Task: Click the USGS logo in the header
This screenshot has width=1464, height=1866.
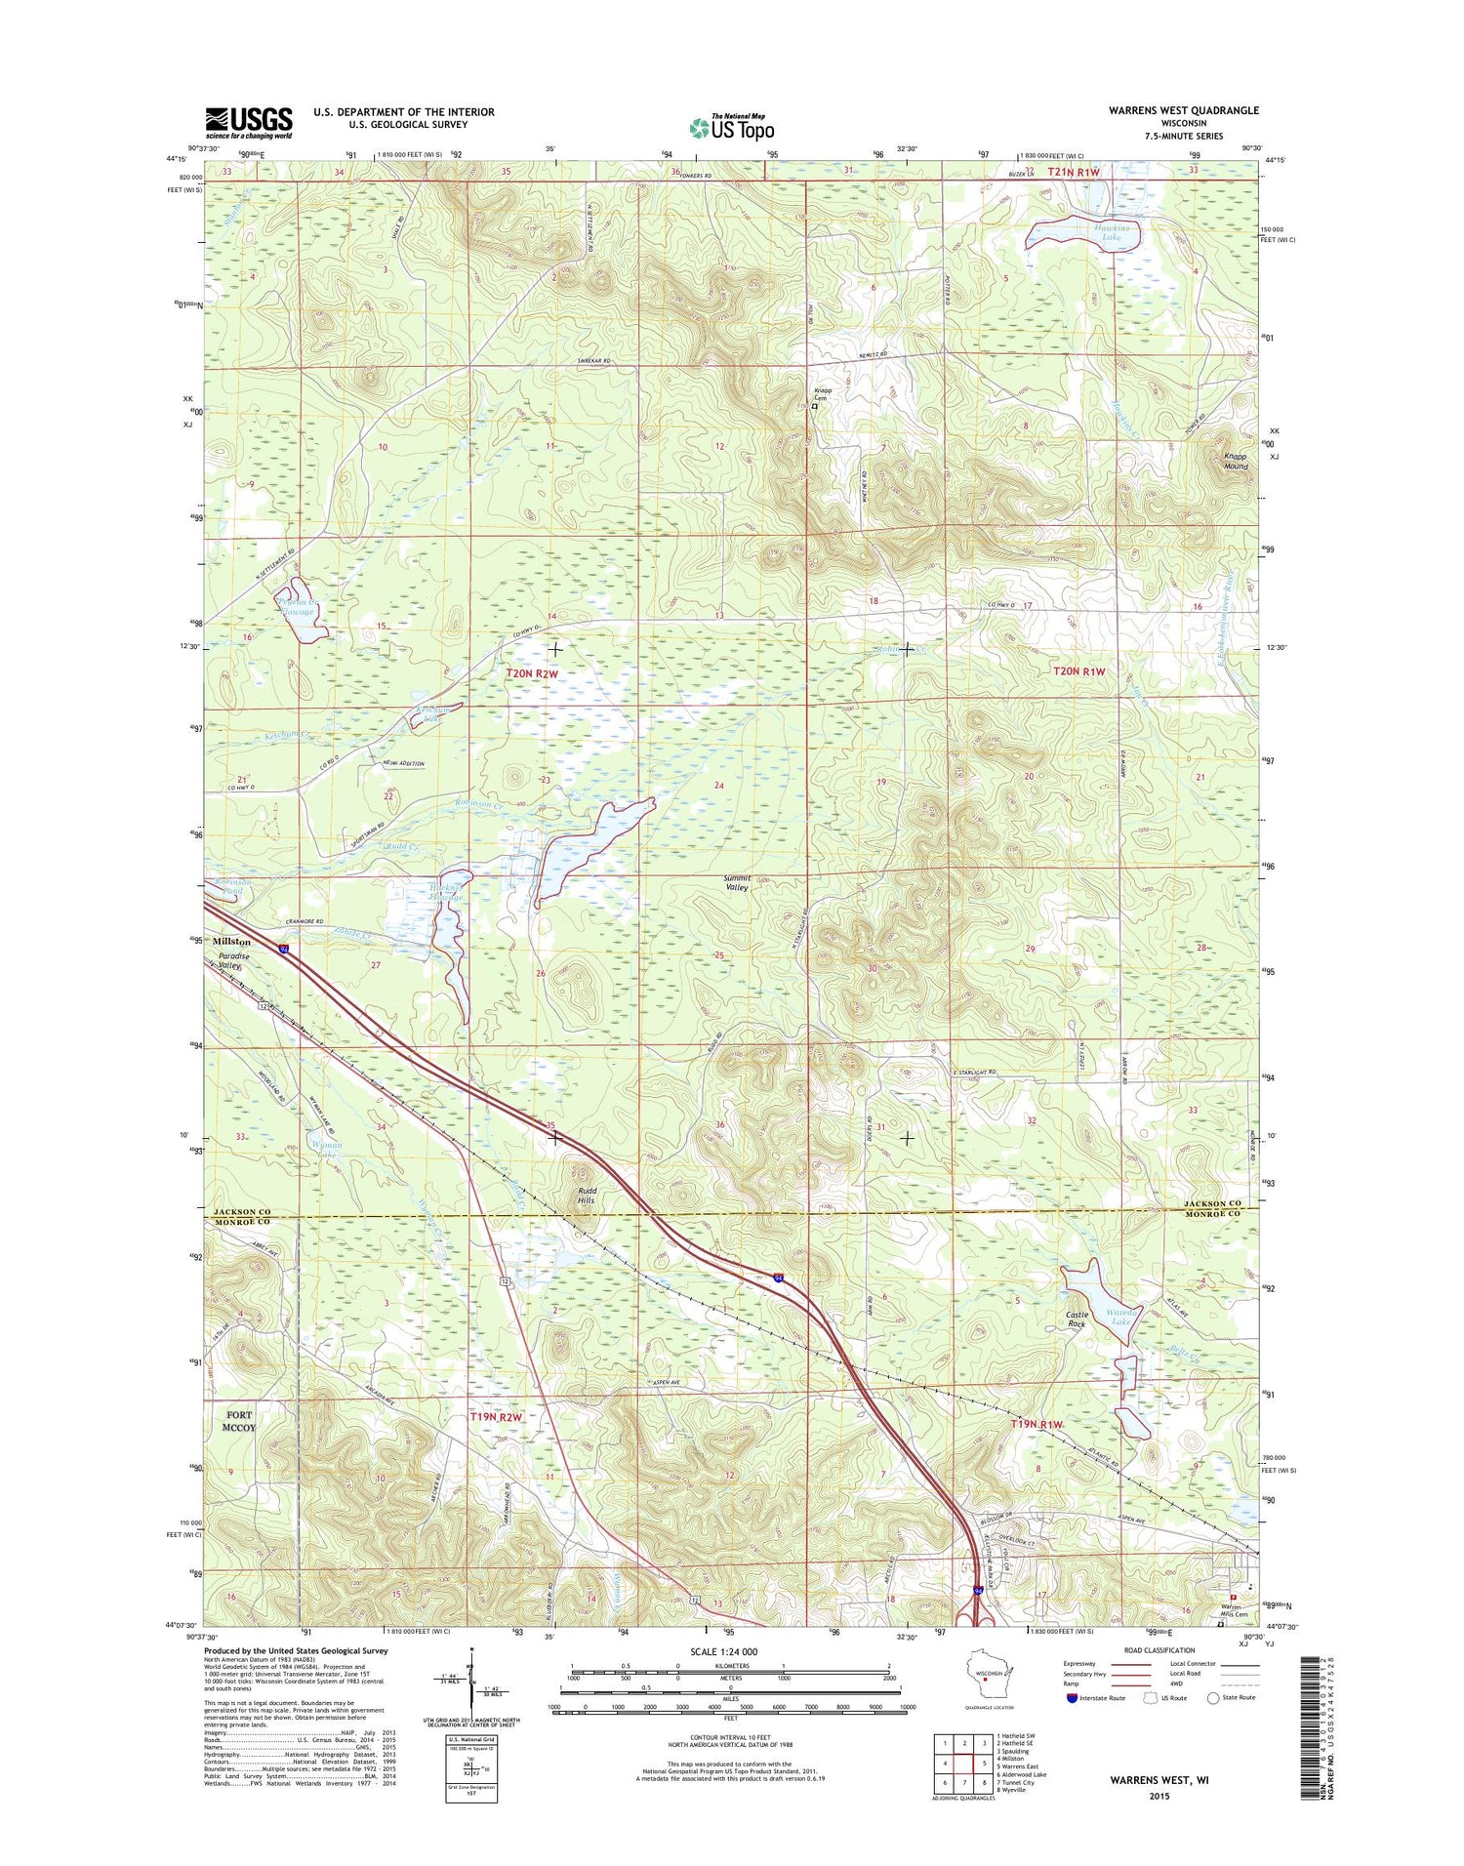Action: point(248,121)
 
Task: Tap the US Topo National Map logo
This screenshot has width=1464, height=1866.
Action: point(731,127)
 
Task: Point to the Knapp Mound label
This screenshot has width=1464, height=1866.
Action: point(1236,461)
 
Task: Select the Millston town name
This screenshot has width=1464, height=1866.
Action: point(231,942)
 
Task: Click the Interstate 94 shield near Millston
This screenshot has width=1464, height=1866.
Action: point(284,949)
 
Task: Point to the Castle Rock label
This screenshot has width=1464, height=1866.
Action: point(1076,1319)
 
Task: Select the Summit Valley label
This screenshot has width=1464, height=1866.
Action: point(737,883)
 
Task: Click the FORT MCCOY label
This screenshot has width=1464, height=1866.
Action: point(239,1421)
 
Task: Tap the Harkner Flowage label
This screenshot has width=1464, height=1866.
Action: point(444,892)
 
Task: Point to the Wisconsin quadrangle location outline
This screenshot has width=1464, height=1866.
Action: point(985,1676)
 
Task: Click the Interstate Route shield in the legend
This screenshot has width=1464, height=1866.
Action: point(1074,1697)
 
